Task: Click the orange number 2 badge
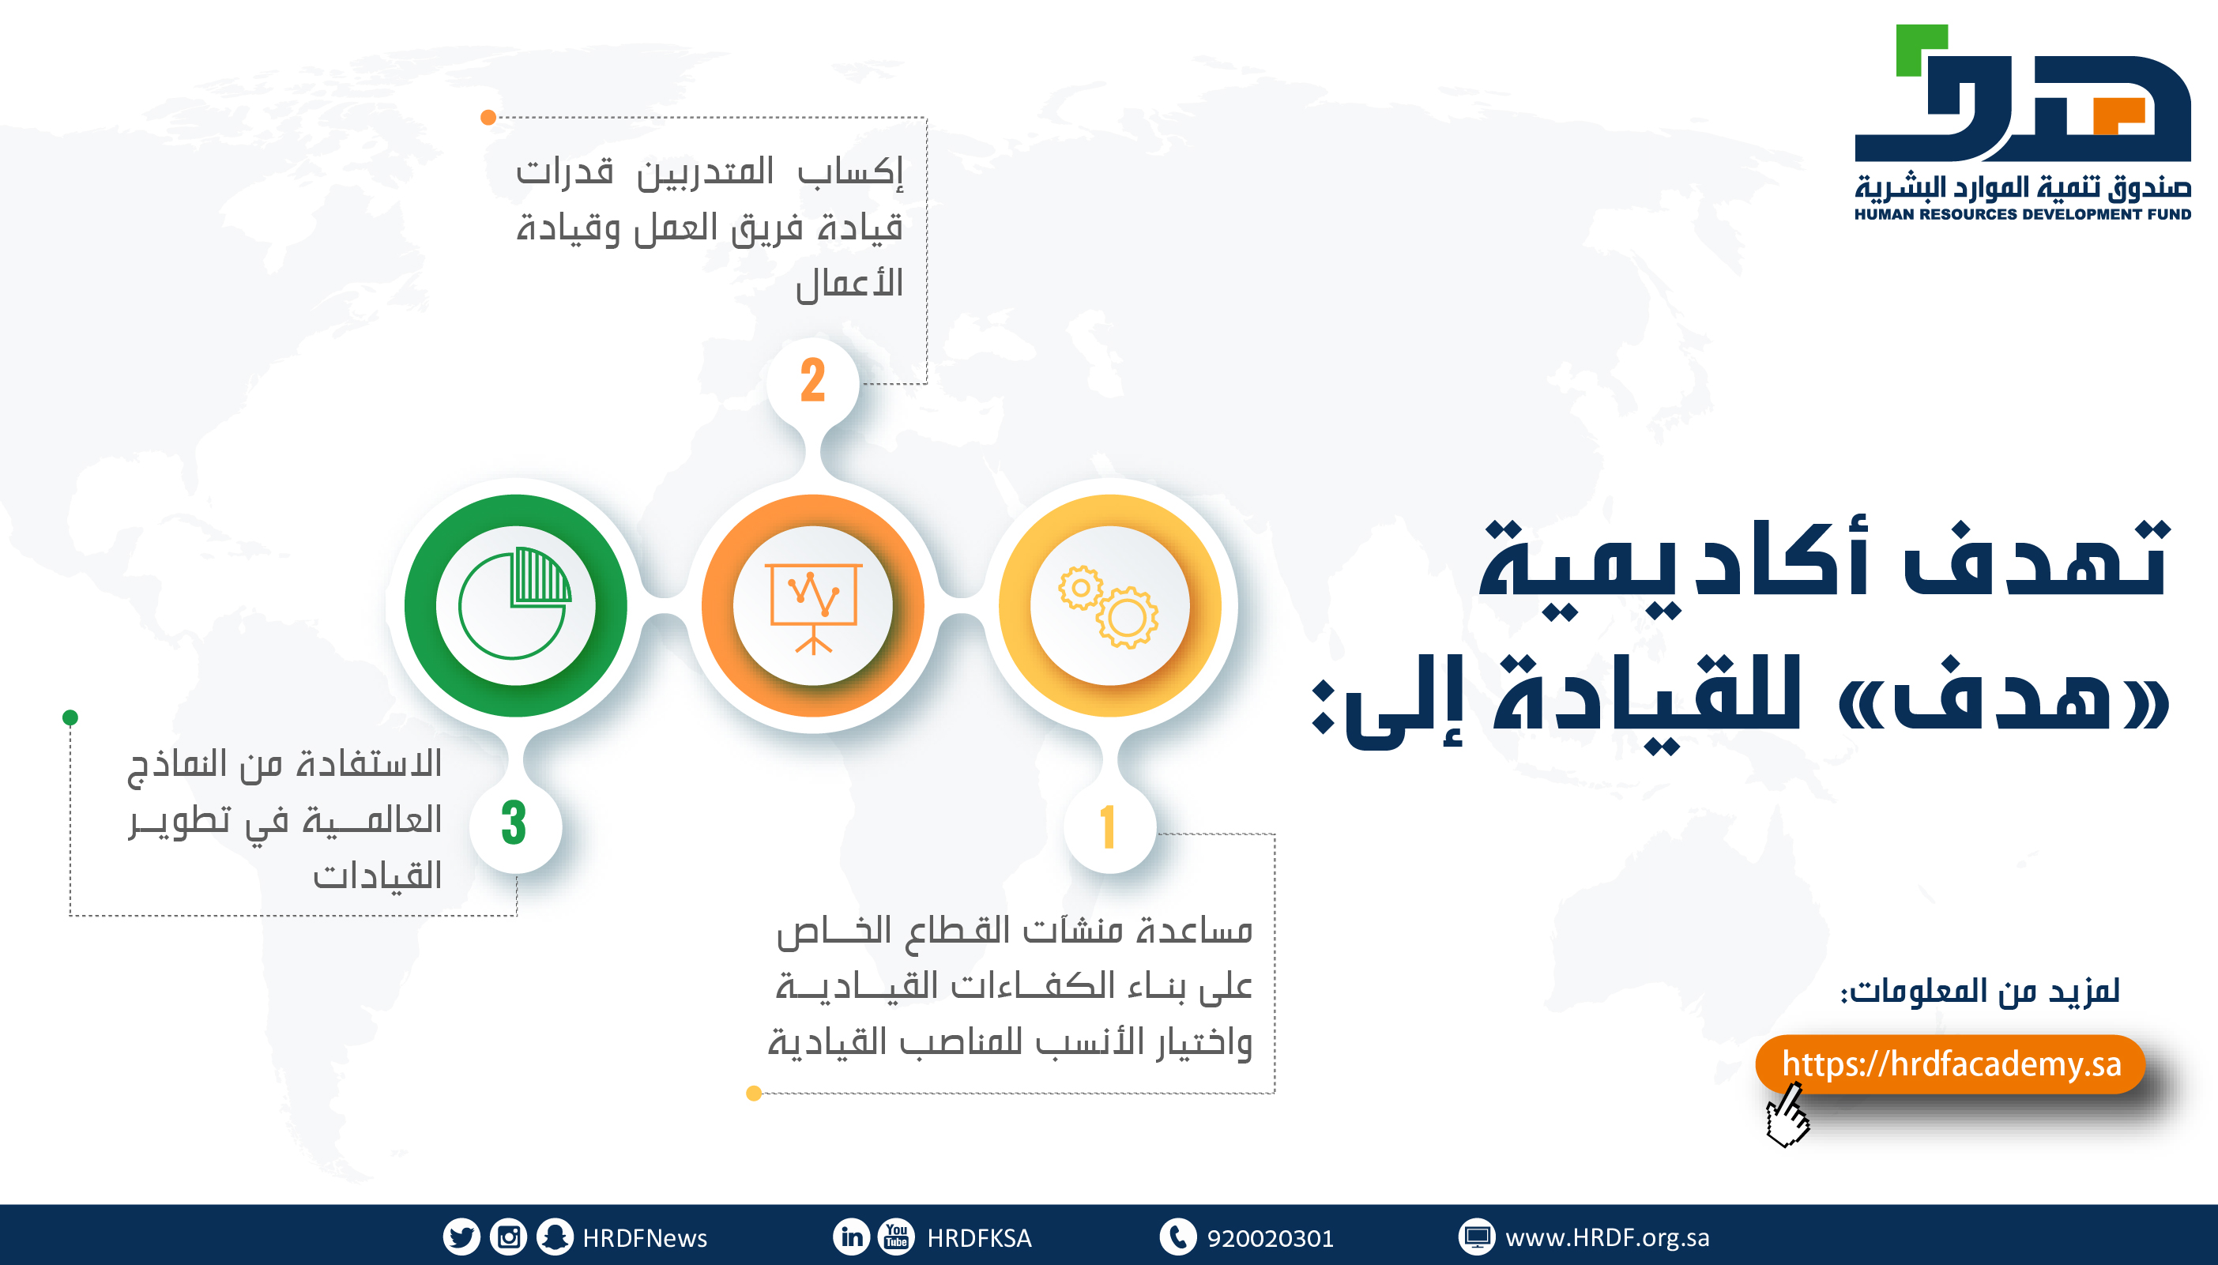pos(812,381)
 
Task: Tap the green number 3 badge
pos(514,825)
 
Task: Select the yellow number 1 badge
pos(1109,826)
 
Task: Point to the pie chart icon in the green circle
pos(515,603)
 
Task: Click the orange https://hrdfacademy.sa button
pos(1950,1064)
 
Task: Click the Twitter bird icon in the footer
pos(461,1237)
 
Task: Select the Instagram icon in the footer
pos(508,1237)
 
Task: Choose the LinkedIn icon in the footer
pos(852,1237)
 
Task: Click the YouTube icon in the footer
pos(897,1237)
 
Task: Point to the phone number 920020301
pos(1270,1238)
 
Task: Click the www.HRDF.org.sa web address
pos(1607,1238)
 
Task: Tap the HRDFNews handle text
pos(645,1238)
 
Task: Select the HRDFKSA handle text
pos(979,1238)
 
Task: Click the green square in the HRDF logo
pos(1921,51)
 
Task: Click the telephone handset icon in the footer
pos(1178,1237)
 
